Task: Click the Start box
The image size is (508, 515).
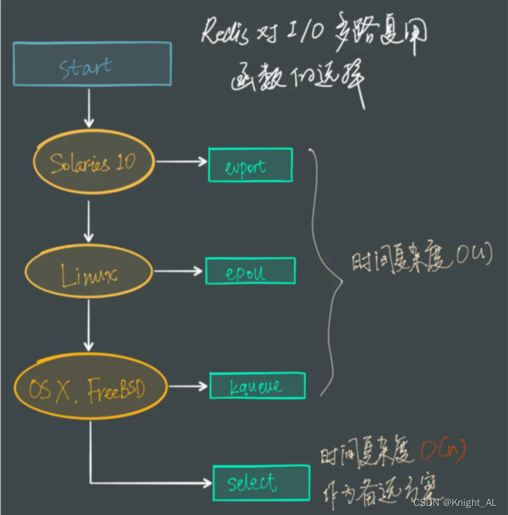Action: [92, 64]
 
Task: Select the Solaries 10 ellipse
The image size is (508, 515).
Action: [93, 162]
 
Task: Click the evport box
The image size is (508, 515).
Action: [250, 165]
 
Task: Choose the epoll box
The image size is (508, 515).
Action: [250, 271]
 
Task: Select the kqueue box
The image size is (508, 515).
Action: [257, 386]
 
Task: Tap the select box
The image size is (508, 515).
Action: [260, 483]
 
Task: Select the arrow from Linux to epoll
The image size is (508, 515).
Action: [179, 271]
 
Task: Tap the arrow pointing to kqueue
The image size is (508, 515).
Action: [188, 387]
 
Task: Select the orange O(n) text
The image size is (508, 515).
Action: [442, 451]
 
